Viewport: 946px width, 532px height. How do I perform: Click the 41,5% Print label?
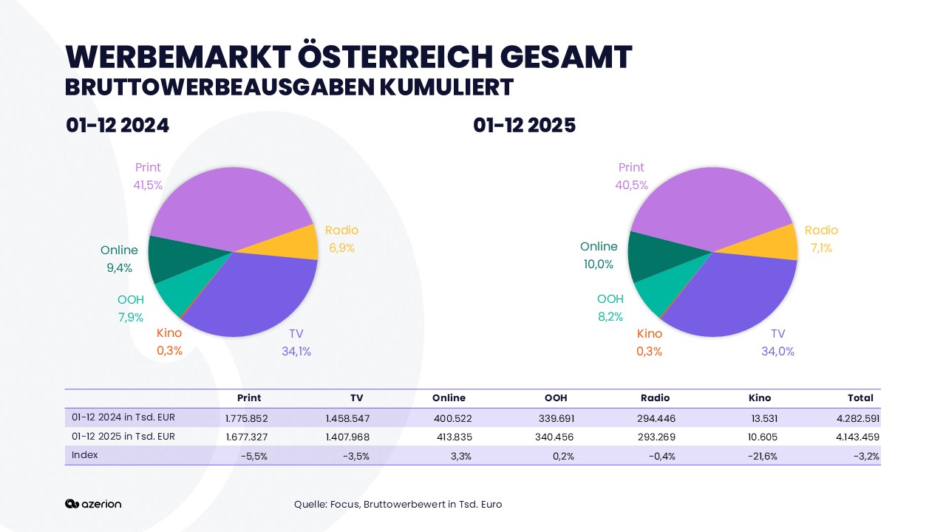point(148,185)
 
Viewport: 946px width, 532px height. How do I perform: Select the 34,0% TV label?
point(777,352)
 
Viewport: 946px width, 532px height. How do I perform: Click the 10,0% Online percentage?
point(598,265)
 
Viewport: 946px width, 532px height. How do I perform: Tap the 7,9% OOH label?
point(130,318)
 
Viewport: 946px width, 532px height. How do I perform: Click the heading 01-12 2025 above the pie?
point(524,126)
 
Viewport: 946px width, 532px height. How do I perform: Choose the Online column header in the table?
point(449,398)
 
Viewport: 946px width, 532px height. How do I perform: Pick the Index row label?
point(85,455)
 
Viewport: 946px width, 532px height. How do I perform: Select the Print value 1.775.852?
point(246,418)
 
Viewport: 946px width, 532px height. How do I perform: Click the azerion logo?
point(93,504)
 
